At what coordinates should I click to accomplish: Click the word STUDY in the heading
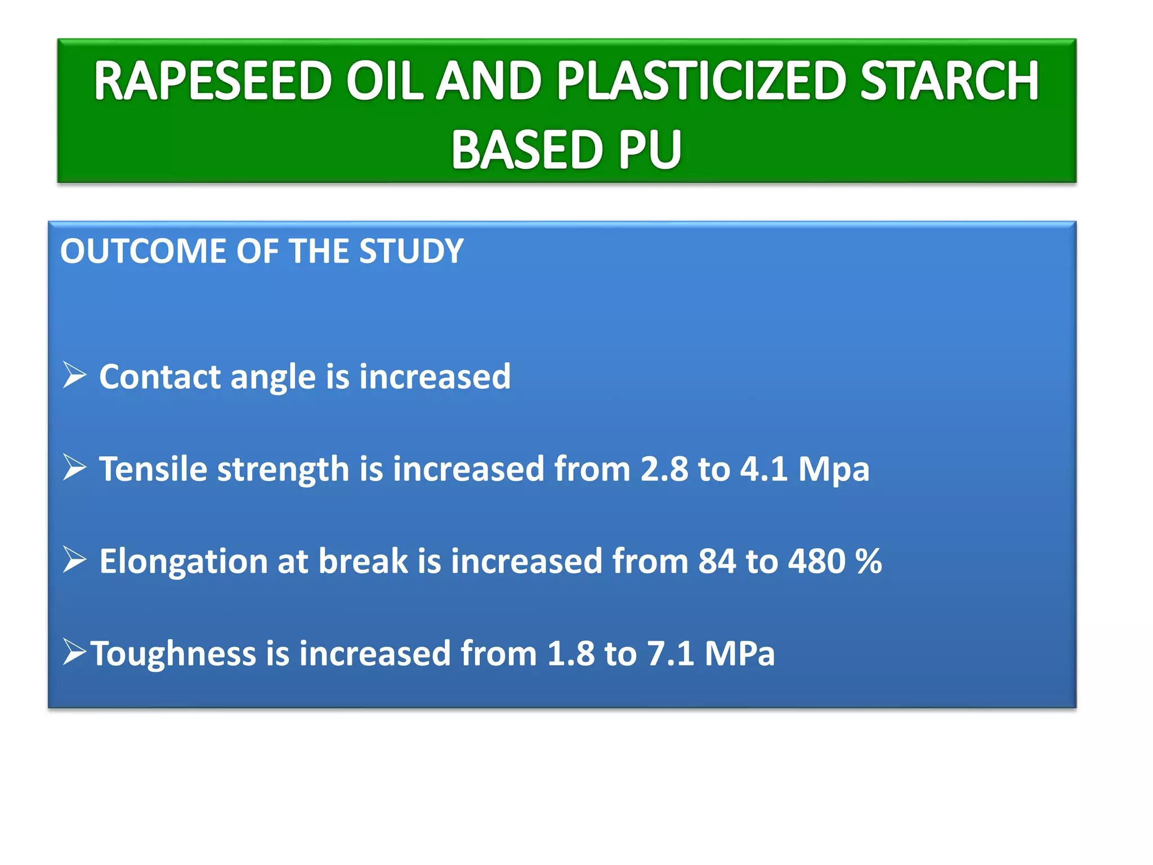coord(411,251)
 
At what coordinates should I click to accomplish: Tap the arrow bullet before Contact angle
coord(74,375)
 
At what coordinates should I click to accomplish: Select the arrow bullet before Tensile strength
coord(74,467)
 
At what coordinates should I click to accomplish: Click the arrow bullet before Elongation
coord(74,560)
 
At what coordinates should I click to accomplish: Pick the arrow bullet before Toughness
coord(74,652)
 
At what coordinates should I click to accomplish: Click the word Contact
coord(160,376)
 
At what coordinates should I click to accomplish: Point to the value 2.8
coord(664,469)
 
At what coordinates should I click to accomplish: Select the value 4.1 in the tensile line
coord(763,469)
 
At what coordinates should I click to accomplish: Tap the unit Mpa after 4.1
coord(834,470)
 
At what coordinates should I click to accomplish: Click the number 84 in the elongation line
coord(717,561)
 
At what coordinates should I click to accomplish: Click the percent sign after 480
coord(868,561)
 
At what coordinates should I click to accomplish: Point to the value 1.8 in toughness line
coord(570,653)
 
